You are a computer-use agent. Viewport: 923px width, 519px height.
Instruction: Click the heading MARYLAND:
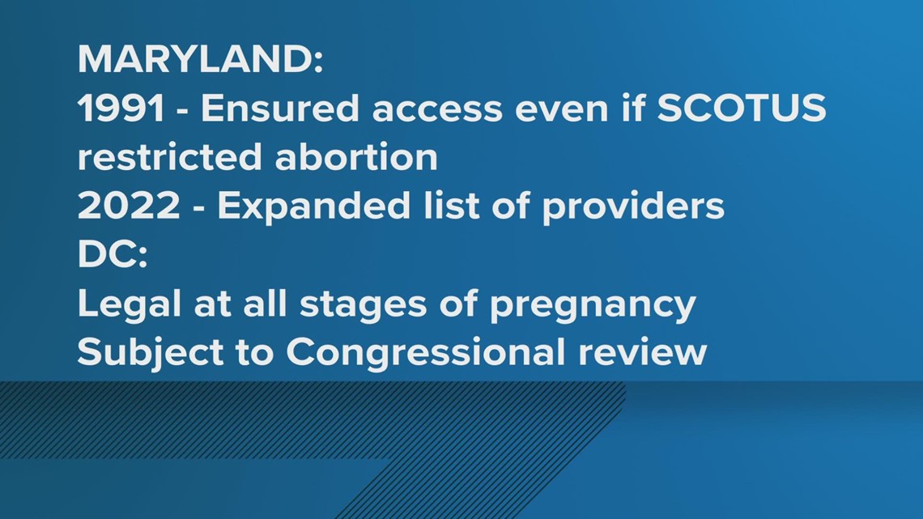point(201,59)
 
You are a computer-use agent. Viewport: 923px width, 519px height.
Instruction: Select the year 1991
point(121,108)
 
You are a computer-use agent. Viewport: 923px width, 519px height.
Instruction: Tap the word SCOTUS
point(742,108)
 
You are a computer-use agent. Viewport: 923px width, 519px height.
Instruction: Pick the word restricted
point(169,157)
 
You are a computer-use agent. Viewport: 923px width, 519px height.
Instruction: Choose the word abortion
point(356,157)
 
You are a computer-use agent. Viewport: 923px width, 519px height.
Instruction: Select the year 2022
point(129,206)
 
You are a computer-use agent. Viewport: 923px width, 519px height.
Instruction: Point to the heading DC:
point(113,255)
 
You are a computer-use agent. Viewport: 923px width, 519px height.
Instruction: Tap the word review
point(642,352)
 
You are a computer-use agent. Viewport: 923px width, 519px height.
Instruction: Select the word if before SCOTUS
point(633,108)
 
